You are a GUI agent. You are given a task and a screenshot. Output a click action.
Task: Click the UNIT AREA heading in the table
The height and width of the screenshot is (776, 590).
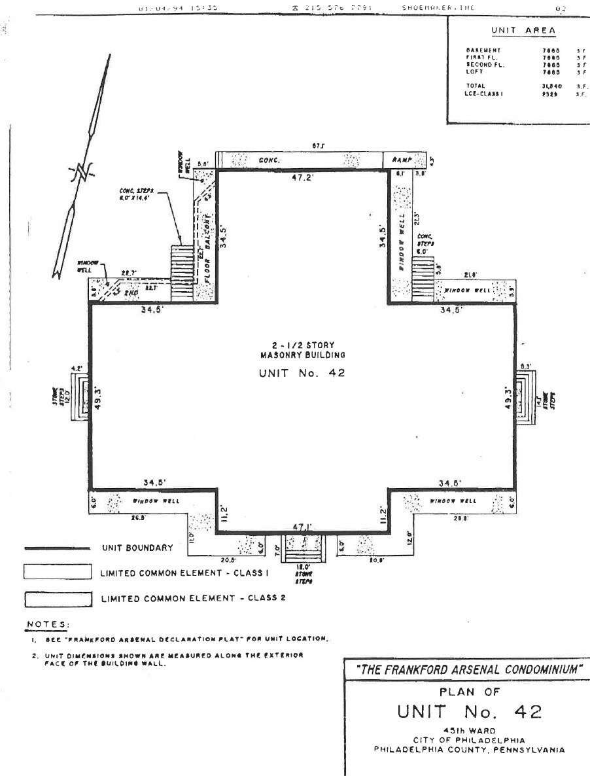click(x=523, y=30)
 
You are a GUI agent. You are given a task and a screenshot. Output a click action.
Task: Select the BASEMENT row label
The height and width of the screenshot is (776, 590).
click(x=483, y=50)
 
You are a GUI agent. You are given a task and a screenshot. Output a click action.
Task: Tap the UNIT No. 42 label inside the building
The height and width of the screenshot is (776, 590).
click(x=302, y=373)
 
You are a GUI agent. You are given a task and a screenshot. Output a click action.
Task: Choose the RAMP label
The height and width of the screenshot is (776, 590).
click(x=400, y=160)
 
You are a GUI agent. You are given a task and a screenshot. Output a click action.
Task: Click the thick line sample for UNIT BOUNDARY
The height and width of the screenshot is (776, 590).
click(x=57, y=548)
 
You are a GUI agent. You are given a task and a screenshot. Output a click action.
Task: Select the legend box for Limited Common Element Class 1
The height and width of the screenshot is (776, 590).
click(x=57, y=573)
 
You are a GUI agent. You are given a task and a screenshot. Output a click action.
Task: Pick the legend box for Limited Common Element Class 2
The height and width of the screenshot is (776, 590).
click(x=57, y=598)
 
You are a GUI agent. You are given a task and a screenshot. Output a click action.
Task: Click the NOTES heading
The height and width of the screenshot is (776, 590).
click(x=47, y=624)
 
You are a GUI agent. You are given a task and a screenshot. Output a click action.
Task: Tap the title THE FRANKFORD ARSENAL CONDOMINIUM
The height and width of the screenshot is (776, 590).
click(x=465, y=670)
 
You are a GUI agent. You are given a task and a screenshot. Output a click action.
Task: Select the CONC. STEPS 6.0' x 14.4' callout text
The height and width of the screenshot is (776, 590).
click(x=135, y=193)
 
